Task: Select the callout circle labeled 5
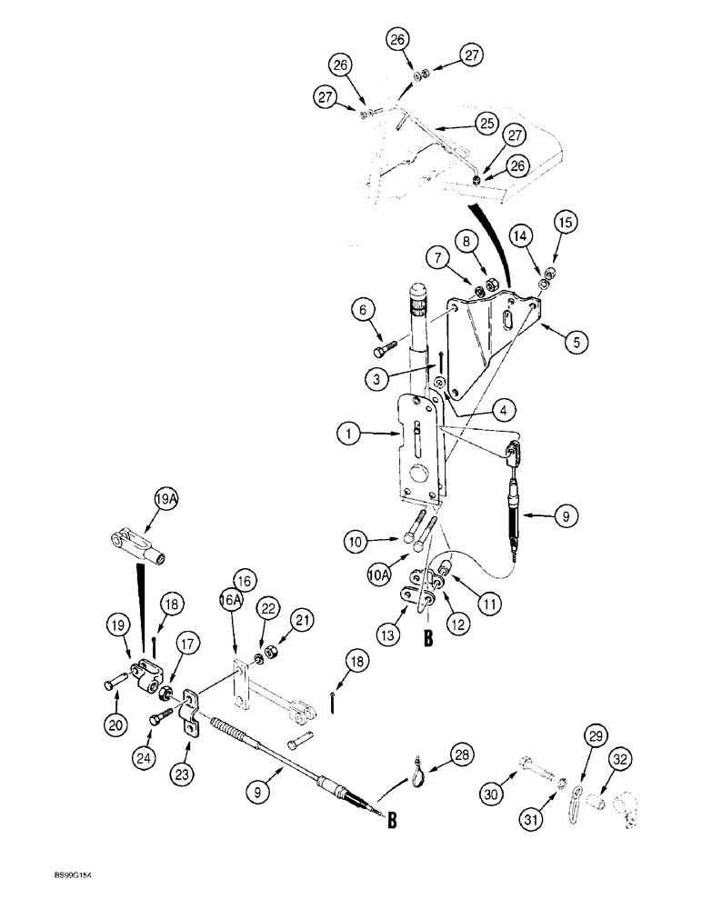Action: click(576, 343)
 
